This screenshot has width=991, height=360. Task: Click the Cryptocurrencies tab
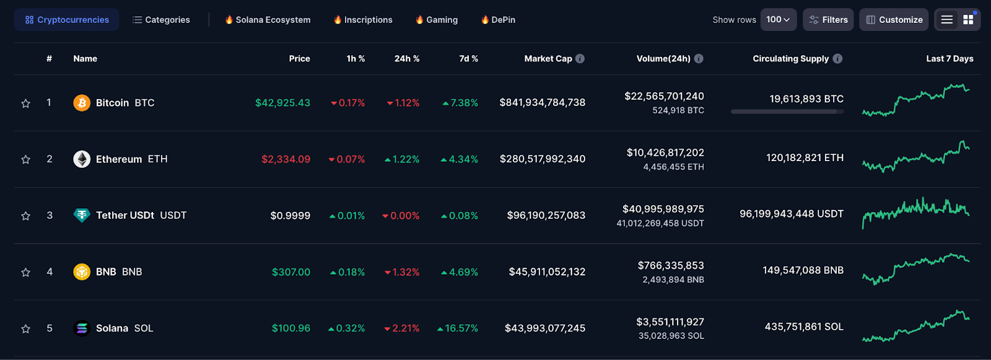(67, 19)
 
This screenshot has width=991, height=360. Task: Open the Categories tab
(161, 19)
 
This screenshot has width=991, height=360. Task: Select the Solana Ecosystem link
(268, 19)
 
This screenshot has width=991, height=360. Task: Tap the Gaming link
(436, 19)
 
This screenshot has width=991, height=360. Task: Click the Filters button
(828, 19)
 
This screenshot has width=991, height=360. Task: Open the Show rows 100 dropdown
(778, 19)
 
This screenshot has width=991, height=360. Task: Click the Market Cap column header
(548, 58)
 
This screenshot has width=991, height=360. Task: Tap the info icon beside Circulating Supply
(837, 58)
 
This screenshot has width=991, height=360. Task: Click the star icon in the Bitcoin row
(25, 103)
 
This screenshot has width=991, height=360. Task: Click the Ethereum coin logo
(82, 159)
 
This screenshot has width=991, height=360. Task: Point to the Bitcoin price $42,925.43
(282, 103)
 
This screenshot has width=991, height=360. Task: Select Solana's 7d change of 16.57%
(458, 328)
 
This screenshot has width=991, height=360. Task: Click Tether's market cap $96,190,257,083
(546, 215)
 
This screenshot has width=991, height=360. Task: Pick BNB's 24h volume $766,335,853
(671, 265)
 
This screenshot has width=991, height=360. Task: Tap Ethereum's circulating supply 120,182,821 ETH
(805, 157)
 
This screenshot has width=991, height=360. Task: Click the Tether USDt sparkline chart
(916, 213)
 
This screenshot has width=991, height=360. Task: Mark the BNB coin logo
(82, 272)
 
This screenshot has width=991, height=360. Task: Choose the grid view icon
(969, 19)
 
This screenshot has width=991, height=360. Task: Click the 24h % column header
(407, 58)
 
